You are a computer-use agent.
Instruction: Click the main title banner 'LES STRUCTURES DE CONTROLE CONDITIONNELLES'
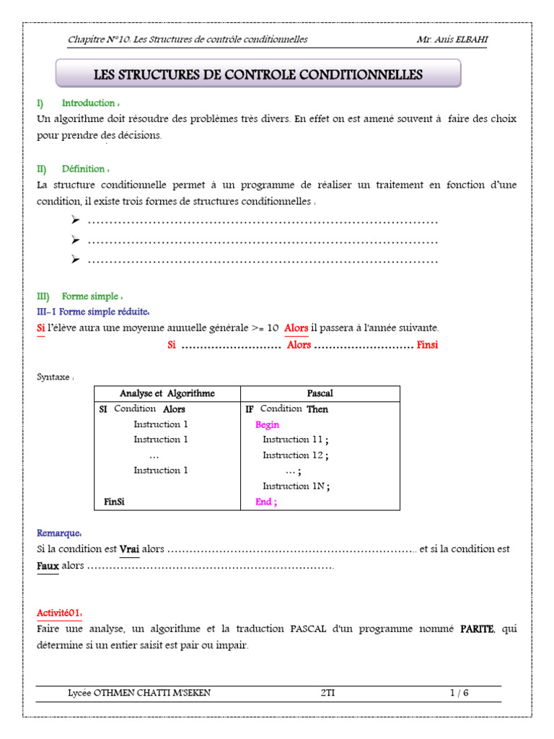(x=258, y=75)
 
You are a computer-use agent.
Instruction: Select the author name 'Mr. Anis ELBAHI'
(x=452, y=39)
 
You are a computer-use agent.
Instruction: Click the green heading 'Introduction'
(x=89, y=103)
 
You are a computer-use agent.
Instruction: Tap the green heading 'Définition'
(x=84, y=169)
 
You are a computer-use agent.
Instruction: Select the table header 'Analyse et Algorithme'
(x=167, y=393)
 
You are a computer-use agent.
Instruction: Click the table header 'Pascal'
(x=320, y=393)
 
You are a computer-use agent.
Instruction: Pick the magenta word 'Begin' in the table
(x=267, y=425)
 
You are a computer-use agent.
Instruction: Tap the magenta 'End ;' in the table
(x=265, y=502)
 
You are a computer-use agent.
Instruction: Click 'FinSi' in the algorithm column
(x=114, y=502)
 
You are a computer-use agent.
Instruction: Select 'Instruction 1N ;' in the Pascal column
(x=296, y=486)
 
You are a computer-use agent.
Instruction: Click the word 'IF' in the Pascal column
(x=250, y=409)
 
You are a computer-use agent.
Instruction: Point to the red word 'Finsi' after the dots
(x=427, y=345)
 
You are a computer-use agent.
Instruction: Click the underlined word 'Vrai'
(x=129, y=549)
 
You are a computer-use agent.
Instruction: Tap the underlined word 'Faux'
(x=48, y=566)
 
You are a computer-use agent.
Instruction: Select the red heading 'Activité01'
(x=58, y=613)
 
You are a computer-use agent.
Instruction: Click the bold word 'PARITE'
(x=477, y=629)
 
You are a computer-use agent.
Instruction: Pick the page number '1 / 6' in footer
(x=459, y=694)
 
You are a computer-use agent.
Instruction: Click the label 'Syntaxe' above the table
(x=54, y=377)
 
